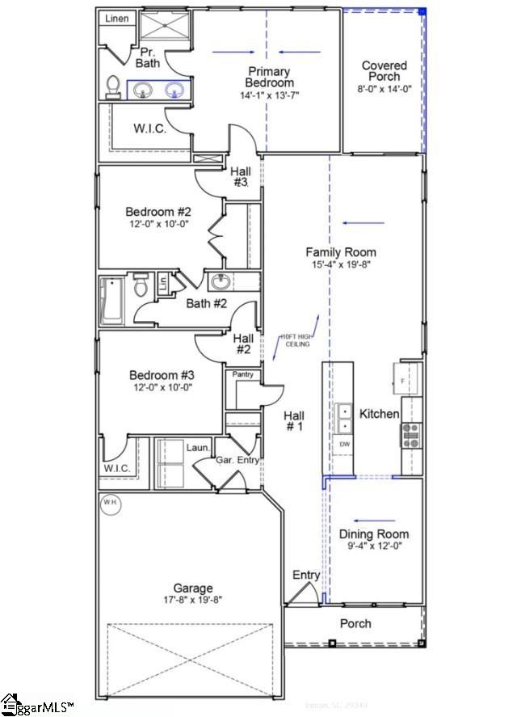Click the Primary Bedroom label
[x=270, y=77]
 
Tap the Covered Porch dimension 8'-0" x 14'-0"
[x=384, y=90]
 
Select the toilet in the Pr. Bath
[x=114, y=86]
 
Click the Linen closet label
[x=117, y=19]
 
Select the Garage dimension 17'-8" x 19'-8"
[x=192, y=600]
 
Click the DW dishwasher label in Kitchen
[x=345, y=444]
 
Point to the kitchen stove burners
[x=410, y=436]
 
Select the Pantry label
[x=243, y=374]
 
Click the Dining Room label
[x=373, y=534]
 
